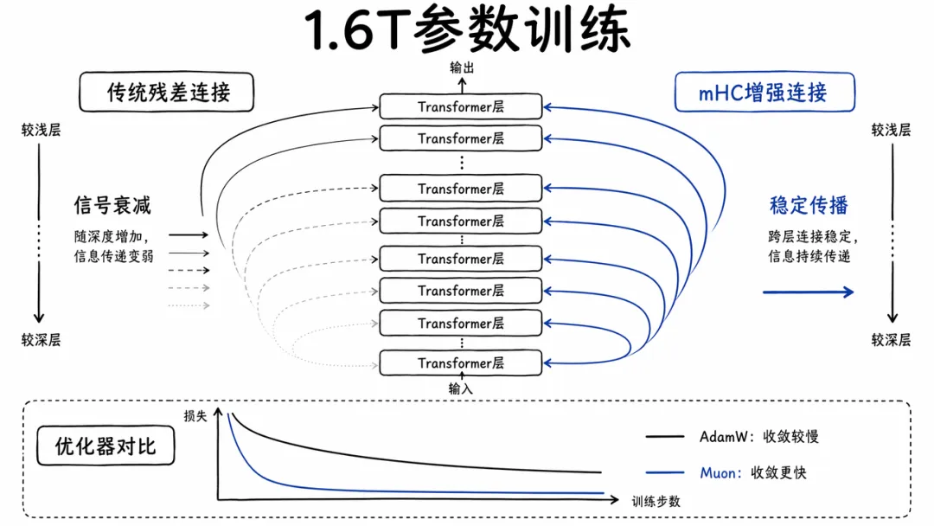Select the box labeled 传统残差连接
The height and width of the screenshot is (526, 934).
pos(169,93)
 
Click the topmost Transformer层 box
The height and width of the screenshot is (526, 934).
pos(461,106)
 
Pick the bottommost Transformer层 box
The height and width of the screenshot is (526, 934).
pos(461,362)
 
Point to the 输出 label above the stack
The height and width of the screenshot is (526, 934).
pos(462,67)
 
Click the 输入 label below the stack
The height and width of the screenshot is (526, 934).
pos(461,388)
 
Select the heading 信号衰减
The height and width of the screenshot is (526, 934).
pos(112,205)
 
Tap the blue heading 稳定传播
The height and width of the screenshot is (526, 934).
pos(809,205)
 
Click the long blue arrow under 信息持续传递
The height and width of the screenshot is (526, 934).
pos(808,292)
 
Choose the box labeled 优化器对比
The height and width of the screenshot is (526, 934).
pos(106,446)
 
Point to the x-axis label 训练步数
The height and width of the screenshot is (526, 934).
pos(656,500)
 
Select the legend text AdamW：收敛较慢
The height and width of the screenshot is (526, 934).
pos(758,437)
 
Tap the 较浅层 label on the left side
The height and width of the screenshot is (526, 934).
pos(41,131)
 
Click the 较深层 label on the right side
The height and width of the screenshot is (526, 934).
pos(891,340)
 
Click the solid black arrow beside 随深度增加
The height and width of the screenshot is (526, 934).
pos(189,234)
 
